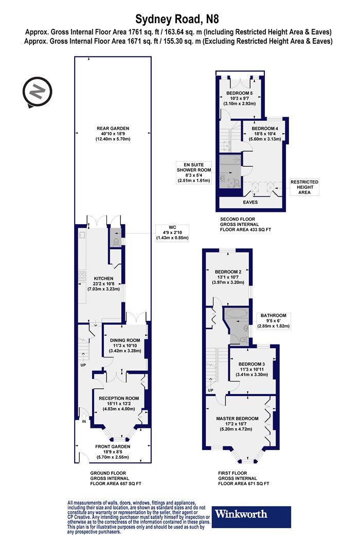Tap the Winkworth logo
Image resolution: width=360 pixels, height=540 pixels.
[251, 516]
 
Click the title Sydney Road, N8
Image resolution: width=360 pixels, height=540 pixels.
[177, 19]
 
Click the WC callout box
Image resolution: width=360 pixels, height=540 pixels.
[172, 233]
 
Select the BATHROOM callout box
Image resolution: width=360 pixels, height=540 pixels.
[274, 320]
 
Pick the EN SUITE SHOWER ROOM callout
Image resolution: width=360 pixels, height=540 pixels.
[194, 172]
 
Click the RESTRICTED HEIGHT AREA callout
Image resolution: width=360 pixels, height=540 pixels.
[304, 187]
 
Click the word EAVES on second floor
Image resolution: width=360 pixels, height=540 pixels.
[250, 202]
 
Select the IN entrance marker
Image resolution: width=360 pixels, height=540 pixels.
[84, 421]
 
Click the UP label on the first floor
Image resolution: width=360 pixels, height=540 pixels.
[210, 390]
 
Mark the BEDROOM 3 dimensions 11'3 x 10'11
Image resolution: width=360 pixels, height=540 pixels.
[251, 369]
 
